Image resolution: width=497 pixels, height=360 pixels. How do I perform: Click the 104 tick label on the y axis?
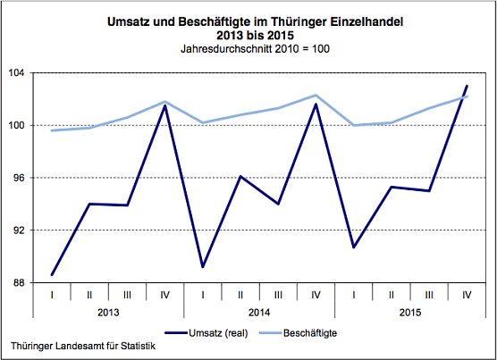point(18,73)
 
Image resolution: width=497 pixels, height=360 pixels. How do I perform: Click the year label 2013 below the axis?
point(108,313)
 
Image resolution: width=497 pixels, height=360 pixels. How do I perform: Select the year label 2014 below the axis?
point(259,313)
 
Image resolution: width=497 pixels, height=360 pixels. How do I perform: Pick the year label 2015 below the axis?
point(410,313)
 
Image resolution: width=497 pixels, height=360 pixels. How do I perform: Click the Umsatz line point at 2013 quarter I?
point(53,275)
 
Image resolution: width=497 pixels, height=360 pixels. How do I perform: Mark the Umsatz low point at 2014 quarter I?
point(204,267)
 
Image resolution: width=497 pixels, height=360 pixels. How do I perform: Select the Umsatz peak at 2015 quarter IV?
point(468,86)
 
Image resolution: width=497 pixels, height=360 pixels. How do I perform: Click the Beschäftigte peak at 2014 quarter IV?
point(316,95)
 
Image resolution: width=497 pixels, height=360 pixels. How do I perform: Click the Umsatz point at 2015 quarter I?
point(354,247)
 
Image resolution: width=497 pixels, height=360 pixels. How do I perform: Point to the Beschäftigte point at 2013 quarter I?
point(53,130)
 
